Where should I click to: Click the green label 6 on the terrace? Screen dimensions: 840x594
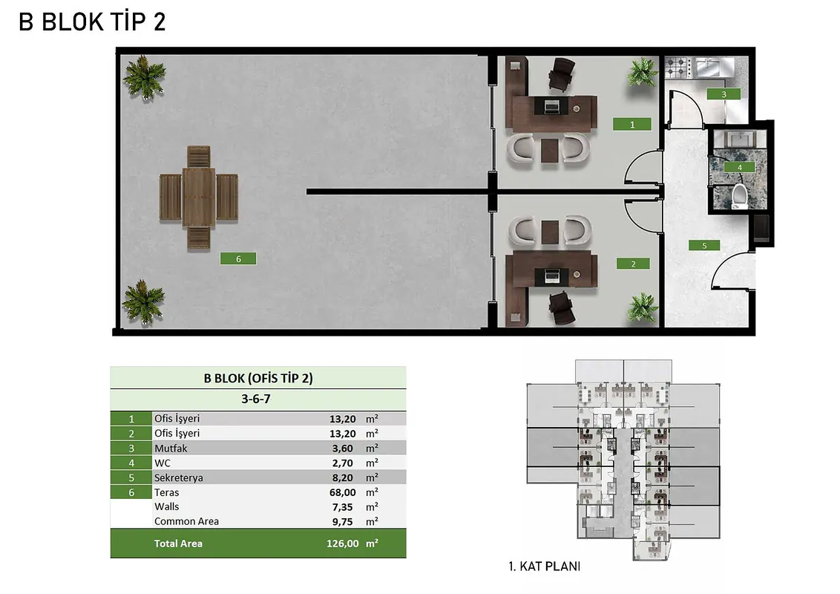[238, 258]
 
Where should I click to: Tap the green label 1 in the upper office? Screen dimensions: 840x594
[632, 125]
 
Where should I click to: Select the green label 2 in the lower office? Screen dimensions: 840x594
[633, 264]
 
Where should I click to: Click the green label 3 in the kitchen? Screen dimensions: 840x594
[723, 94]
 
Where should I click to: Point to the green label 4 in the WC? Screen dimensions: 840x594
[740, 167]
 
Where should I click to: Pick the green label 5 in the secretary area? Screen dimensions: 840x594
[704, 246]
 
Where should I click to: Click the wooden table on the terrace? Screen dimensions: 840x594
[199, 198]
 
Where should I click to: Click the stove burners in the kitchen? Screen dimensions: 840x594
[677, 68]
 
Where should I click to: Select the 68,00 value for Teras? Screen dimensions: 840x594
[343, 492]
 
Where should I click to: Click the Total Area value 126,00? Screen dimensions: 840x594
[343, 544]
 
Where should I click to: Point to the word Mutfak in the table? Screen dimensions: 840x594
[171, 448]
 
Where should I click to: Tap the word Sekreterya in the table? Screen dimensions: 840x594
[178, 477]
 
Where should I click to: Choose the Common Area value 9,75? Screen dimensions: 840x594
[342, 521]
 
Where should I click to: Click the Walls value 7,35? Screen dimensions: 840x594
[342, 506]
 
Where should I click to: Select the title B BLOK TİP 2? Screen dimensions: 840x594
[92, 22]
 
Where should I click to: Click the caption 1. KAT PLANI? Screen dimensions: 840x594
[544, 566]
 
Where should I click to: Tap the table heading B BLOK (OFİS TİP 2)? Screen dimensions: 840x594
[258, 378]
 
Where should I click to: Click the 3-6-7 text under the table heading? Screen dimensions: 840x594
[256, 399]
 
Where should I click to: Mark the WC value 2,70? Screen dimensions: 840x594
[342, 463]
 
